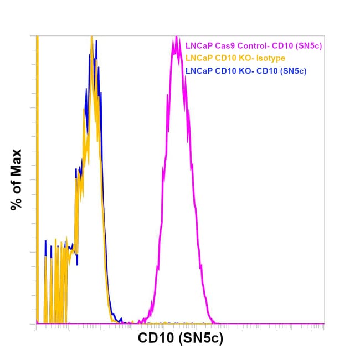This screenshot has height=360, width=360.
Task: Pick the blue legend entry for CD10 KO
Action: pos(246,71)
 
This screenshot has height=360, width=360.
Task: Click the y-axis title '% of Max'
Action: pos(16,179)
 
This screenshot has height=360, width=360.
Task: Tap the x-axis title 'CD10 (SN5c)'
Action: pos(180,338)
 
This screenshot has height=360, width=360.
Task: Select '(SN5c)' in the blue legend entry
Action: pos(292,71)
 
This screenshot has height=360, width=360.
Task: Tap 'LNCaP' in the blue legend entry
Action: pos(198,71)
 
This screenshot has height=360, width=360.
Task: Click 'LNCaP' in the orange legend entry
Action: pos(198,59)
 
